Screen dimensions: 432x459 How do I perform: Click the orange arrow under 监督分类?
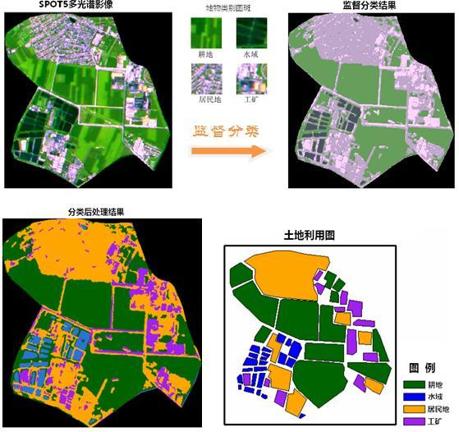point(230,151)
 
